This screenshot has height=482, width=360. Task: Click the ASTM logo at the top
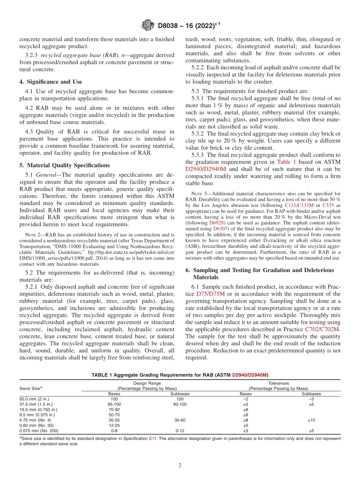[147, 25]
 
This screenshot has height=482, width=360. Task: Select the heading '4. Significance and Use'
[50, 81]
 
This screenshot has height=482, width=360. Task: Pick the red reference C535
[329, 205]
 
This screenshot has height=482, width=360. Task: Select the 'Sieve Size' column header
[30, 388]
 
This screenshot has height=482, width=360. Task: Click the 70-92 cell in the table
[114, 410]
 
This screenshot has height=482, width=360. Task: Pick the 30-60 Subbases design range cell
[180, 420]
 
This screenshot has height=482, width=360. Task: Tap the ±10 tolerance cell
[311, 420]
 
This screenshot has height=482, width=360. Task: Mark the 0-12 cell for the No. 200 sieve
[180, 431]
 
